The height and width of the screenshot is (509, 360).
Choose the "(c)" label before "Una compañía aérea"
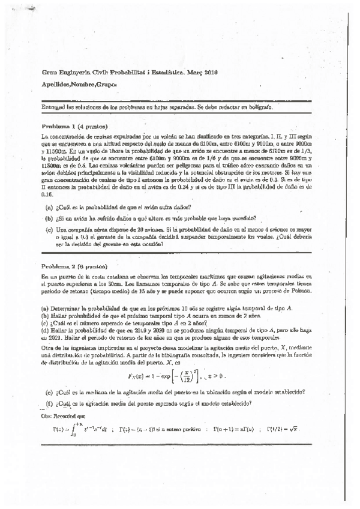[49, 229]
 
